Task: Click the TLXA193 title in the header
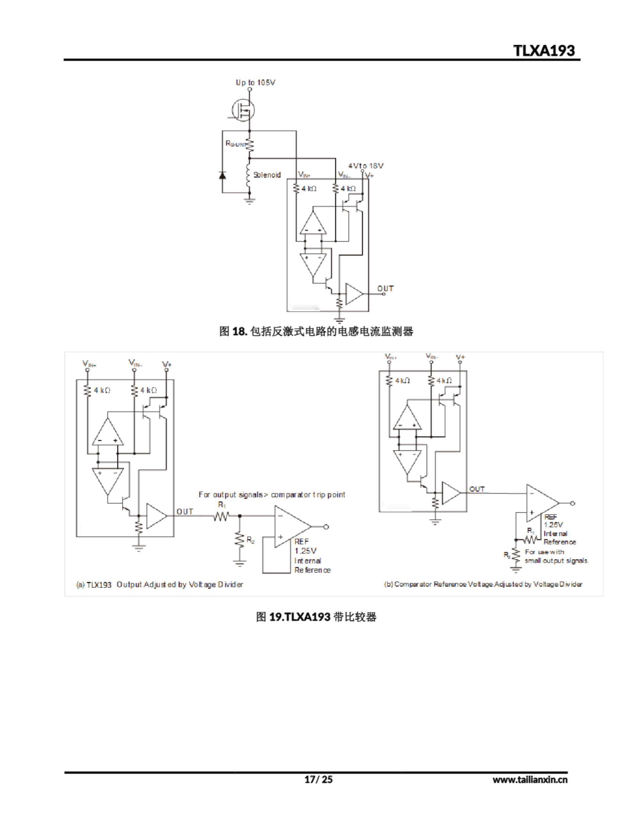point(543,50)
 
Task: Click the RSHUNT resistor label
point(235,144)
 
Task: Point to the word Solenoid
point(267,175)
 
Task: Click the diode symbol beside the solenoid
point(222,175)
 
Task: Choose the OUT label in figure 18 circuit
point(385,289)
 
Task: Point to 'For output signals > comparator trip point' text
point(272,495)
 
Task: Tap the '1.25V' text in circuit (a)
point(305,551)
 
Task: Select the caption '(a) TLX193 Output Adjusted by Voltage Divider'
point(159,585)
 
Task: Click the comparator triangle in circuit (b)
point(541,503)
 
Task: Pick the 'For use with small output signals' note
point(556,556)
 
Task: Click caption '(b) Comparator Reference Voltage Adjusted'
point(483,584)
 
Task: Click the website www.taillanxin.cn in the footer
point(530,780)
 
